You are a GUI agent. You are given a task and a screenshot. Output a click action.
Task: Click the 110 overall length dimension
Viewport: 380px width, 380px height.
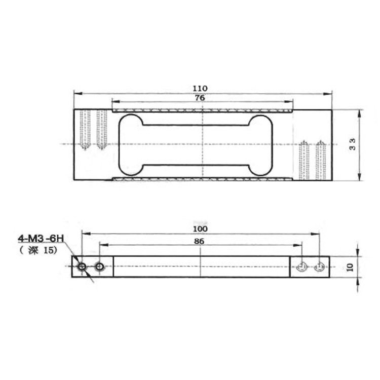click(x=203, y=88)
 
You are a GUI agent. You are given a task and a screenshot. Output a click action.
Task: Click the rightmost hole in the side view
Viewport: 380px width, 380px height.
click(x=320, y=267)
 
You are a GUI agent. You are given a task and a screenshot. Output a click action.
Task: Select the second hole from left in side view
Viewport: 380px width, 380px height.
click(x=100, y=267)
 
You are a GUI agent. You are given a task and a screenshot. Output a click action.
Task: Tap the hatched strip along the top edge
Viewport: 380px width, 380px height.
click(x=203, y=109)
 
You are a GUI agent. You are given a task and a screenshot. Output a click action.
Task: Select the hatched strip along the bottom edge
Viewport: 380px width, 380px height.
click(x=203, y=180)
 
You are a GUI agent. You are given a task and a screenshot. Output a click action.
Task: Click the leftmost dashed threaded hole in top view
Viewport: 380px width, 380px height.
click(x=85, y=129)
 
